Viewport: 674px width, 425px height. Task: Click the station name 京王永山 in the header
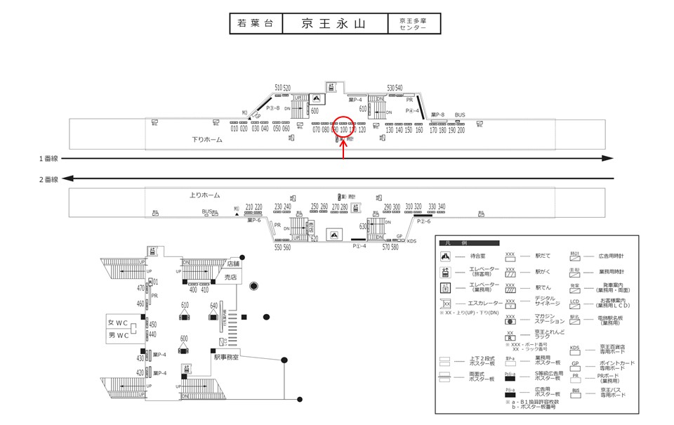[334, 23]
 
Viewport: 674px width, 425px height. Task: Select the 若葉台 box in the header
[256, 23]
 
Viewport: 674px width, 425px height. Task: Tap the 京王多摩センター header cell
[414, 23]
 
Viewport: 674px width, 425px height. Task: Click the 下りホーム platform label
[207, 139]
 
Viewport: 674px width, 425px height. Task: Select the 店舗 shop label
[234, 263]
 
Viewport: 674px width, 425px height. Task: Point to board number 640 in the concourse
[213, 306]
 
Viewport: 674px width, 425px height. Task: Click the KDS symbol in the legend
[575, 347]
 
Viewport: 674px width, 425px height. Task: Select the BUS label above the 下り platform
[460, 115]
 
